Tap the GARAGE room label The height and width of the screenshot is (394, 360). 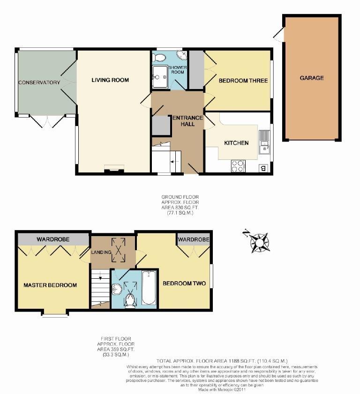(x=312, y=78)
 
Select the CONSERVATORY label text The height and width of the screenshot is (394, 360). (x=39, y=83)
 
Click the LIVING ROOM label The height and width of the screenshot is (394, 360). (x=110, y=80)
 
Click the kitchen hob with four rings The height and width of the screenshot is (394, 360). (x=238, y=166)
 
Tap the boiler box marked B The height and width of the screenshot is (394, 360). (x=263, y=168)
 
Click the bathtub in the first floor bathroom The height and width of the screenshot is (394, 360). (x=149, y=288)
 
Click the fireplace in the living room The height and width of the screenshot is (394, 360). (x=114, y=168)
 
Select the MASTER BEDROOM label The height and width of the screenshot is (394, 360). (x=50, y=285)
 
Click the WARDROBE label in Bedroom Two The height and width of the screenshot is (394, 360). (x=193, y=239)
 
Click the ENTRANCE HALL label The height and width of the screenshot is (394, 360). (x=187, y=121)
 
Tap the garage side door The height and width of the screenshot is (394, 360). (x=279, y=35)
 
